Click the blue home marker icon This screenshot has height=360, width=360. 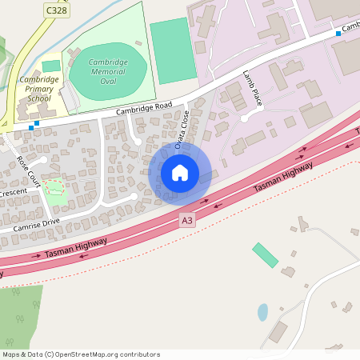click(x=180, y=173)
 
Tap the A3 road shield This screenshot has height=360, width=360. click(x=187, y=220)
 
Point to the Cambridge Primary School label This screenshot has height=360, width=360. click(x=38, y=89)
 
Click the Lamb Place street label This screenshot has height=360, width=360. click(x=253, y=88)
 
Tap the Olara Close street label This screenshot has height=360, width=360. click(x=182, y=130)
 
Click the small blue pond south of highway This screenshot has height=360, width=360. click(x=262, y=312)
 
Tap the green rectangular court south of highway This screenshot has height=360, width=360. click(x=265, y=255)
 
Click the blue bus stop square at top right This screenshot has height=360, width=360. click(x=338, y=34)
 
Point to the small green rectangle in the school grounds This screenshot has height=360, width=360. click(x=51, y=66)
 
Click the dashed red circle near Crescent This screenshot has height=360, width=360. click(x=54, y=188)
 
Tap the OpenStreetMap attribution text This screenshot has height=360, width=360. click(x=81, y=354)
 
